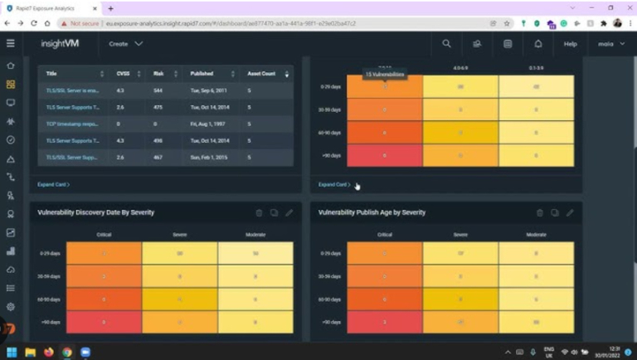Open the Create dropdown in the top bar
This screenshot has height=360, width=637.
(x=125, y=43)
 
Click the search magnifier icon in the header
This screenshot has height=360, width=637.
(x=446, y=43)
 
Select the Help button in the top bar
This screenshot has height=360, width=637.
(x=570, y=43)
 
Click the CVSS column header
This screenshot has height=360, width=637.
(x=123, y=74)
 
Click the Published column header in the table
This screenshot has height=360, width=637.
(x=202, y=74)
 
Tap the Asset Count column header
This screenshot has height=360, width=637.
(x=261, y=74)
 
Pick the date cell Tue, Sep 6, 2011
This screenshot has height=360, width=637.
(x=207, y=90)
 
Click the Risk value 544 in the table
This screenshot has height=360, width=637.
(x=158, y=90)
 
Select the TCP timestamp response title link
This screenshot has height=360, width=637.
(x=73, y=124)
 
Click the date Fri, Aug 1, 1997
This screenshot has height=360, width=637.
(x=207, y=124)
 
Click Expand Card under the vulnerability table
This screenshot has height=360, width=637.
(x=53, y=184)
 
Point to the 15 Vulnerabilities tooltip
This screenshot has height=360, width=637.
(x=385, y=75)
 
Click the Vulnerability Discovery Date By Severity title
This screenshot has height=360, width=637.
(x=95, y=212)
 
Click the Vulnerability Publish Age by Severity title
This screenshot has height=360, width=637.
(x=372, y=212)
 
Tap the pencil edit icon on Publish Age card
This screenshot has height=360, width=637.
(x=570, y=212)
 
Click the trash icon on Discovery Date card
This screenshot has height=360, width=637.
(x=259, y=212)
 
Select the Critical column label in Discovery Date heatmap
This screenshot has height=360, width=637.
(x=104, y=235)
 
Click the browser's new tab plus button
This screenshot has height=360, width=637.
(x=110, y=7)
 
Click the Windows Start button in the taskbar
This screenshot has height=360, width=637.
(x=12, y=352)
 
